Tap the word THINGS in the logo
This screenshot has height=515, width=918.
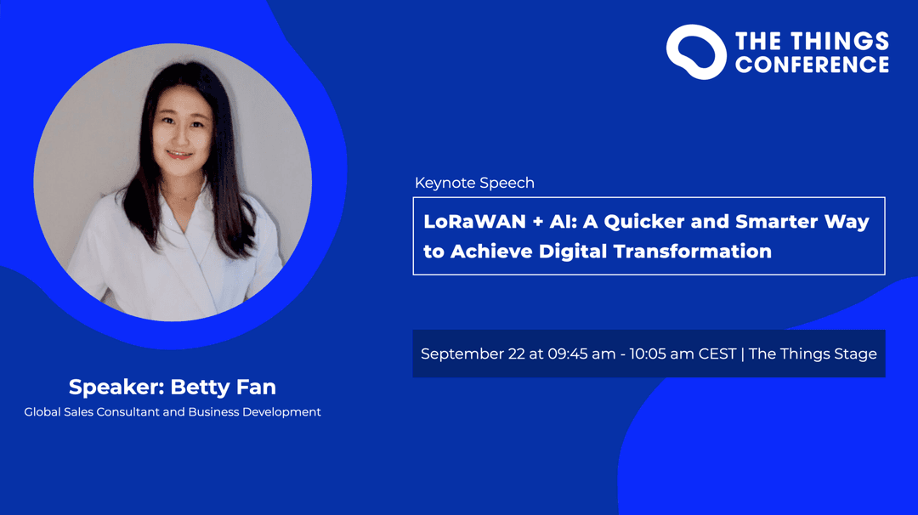click(x=841, y=41)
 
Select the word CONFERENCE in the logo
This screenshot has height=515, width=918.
click(x=812, y=65)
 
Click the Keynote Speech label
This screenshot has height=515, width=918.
click(x=474, y=184)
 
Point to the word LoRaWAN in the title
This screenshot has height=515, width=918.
click(x=475, y=221)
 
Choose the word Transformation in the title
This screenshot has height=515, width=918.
click(x=693, y=252)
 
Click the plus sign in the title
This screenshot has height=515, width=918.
click(x=537, y=222)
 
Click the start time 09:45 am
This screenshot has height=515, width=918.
click(x=581, y=354)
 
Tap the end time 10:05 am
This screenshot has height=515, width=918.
click(x=661, y=354)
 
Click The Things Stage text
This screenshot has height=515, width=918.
click(x=813, y=354)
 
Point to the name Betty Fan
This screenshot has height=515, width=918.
click(x=223, y=387)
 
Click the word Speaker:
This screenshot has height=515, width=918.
click(x=116, y=388)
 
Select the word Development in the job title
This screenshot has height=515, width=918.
click(x=281, y=412)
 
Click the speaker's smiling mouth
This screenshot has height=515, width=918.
click(x=179, y=155)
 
